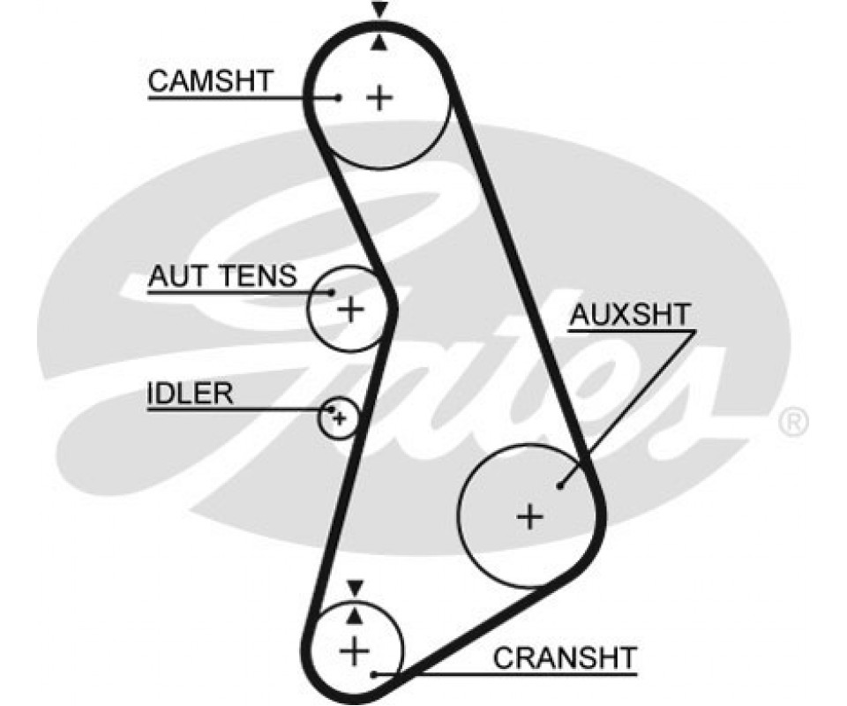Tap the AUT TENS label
coord(222,276)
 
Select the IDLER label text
coord(190,393)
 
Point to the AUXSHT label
coord(631,314)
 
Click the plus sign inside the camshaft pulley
coord(379,97)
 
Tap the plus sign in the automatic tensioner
coord(351,309)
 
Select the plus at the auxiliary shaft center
coord(529,515)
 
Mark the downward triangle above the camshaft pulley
coord(379,10)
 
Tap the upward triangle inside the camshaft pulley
coord(379,41)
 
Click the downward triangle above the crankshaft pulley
coord(355,587)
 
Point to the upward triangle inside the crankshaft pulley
coord(355,612)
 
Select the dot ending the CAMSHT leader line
coord(339,97)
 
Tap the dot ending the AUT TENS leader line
coord(333,292)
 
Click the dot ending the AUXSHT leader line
coord(560,484)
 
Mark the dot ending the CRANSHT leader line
coord(375,675)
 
